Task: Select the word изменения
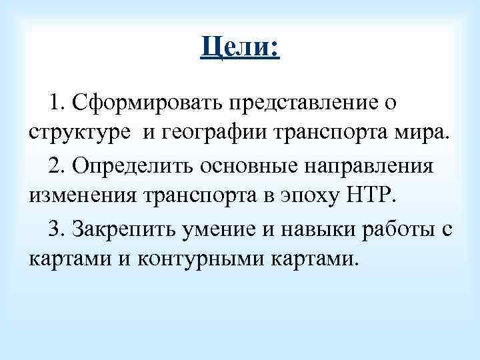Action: point(80,197)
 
